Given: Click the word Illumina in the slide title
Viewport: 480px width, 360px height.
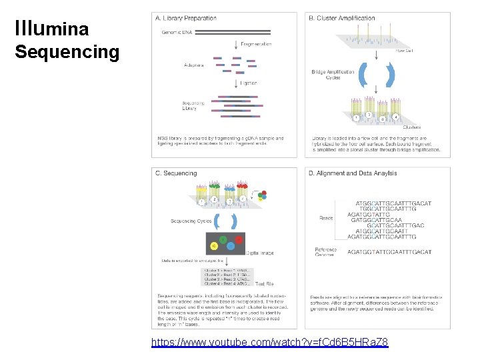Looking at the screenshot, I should pyautogui.click(x=51, y=28).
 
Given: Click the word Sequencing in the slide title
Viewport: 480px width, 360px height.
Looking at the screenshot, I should pyautogui.click(x=67, y=51).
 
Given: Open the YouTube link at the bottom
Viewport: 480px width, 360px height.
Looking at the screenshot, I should pyautogui.click(x=269, y=343).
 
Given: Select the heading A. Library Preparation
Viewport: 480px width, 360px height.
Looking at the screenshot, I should pyautogui.click(x=189, y=19).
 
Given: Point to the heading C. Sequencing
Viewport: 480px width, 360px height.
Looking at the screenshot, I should pyautogui.click(x=176, y=173).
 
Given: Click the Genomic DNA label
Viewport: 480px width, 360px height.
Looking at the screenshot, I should pyautogui.click(x=176, y=31).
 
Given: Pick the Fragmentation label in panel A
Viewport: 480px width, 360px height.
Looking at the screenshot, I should pyautogui.click(x=255, y=44).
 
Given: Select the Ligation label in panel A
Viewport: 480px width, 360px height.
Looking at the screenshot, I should pyautogui.click(x=249, y=83).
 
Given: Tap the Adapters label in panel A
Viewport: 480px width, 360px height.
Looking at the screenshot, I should pyautogui.click(x=194, y=65).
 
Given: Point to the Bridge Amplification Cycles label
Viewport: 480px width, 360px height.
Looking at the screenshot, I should pyautogui.click(x=333, y=75).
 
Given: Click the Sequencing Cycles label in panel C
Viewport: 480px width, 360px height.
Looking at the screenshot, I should pyautogui.click(x=191, y=221).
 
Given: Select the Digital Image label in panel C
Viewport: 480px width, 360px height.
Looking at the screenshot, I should pyautogui.click(x=260, y=253).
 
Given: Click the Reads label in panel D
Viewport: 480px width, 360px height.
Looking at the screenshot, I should pyautogui.click(x=326, y=218).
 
